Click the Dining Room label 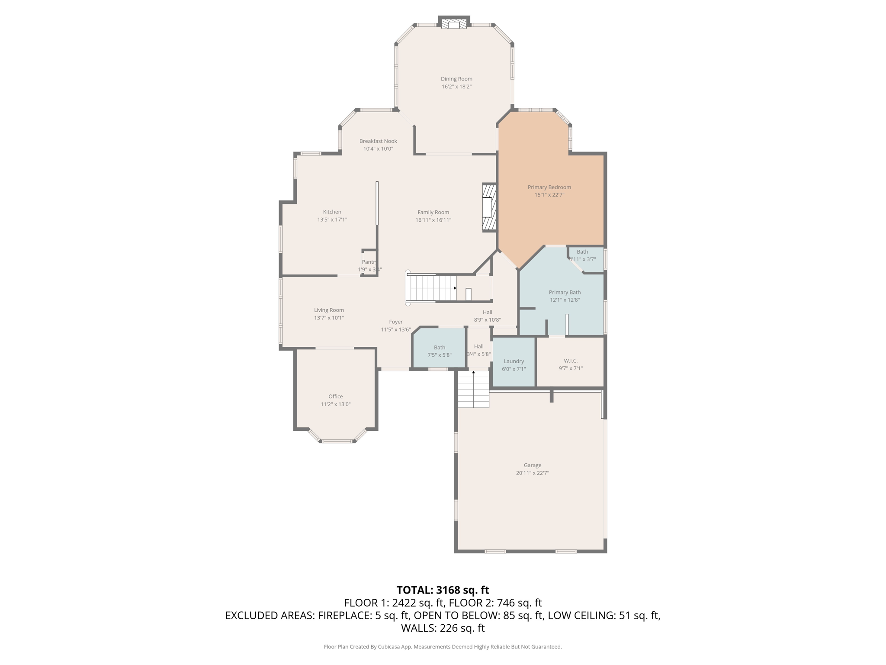click(456, 79)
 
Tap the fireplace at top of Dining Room click(454, 24)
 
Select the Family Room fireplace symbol click(488, 207)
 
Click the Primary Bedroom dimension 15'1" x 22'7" click(549, 195)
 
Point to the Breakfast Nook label click(378, 141)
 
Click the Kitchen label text click(332, 212)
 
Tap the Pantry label click(369, 262)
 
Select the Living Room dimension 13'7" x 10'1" click(329, 318)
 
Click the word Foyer click(395, 322)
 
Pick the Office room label click(335, 396)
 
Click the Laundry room click(514, 365)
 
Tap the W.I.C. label click(571, 361)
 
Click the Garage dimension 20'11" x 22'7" click(532, 473)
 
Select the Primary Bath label click(565, 292)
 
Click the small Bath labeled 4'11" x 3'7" click(583, 255)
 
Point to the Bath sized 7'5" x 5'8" click(440, 351)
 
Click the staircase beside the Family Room click(433, 288)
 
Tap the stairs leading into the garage click(473, 389)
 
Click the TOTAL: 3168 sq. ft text click(443, 590)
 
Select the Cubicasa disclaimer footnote click(443, 647)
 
